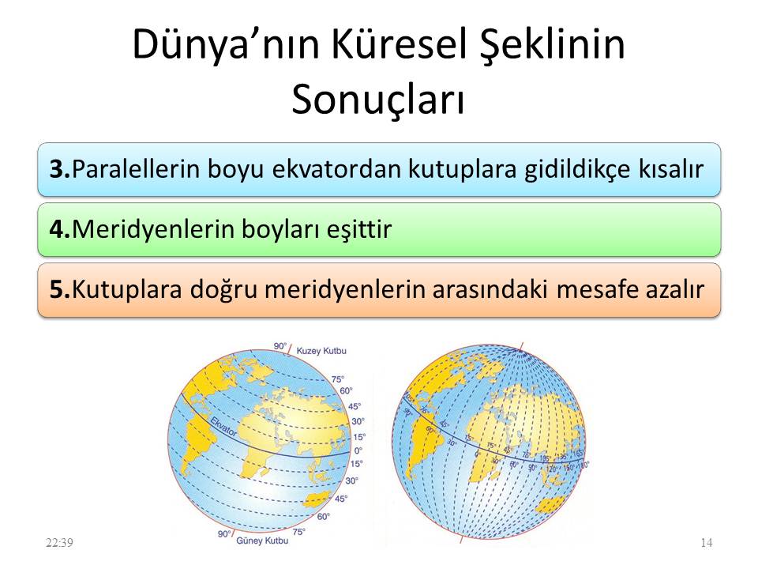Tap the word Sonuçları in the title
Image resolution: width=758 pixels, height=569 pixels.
click(x=377, y=100)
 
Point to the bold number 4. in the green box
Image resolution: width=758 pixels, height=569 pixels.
click(x=60, y=229)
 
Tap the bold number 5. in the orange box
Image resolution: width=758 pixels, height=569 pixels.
click(x=60, y=289)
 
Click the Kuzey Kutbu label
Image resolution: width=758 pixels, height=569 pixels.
click(x=322, y=349)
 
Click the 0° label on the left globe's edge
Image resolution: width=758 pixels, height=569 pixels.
click(x=359, y=450)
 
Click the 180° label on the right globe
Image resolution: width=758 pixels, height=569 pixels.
click(x=585, y=465)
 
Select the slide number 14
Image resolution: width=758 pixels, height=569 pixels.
click(x=707, y=542)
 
